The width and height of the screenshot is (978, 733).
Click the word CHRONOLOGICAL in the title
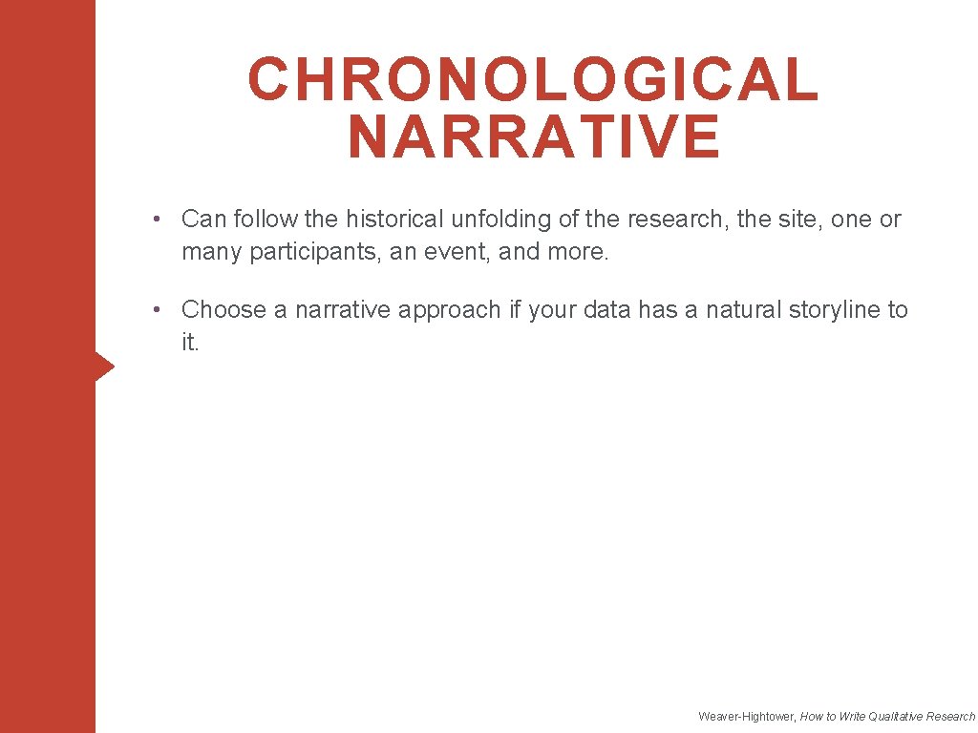click(533, 79)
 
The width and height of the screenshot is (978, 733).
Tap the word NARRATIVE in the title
click(534, 136)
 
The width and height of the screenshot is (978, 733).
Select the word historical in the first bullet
click(394, 220)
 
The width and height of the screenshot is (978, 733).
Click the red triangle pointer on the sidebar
click(104, 366)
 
